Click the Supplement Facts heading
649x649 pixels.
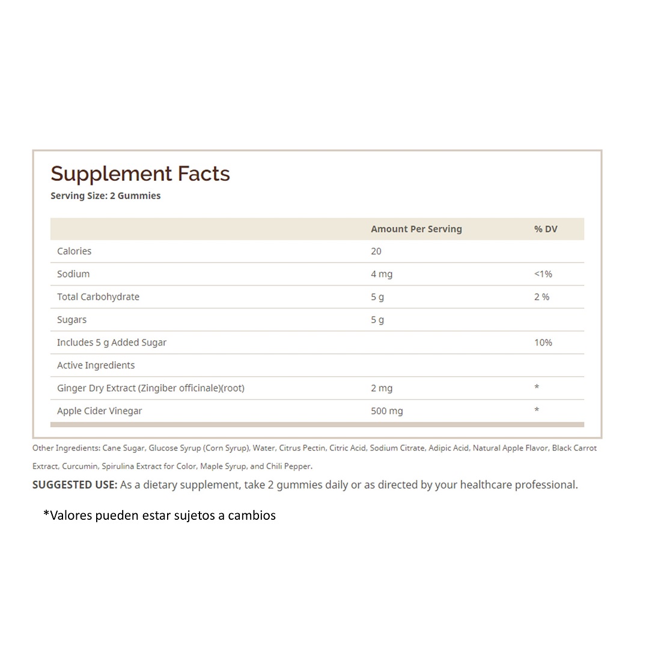(140, 174)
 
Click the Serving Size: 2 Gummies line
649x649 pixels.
(106, 195)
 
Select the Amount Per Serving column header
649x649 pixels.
(416, 229)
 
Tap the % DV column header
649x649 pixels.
(545, 229)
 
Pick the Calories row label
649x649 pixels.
(74, 251)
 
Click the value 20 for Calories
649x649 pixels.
(376, 251)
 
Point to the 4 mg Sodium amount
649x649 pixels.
(382, 274)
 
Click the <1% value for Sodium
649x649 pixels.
(543, 274)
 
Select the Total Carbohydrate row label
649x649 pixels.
(98, 297)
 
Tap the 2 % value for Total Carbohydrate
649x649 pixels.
(541, 297)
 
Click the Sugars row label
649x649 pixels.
(72, 320)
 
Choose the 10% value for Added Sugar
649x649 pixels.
(543, 343)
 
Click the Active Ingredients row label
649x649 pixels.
(96, 365)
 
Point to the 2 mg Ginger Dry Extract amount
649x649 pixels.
(382, 388)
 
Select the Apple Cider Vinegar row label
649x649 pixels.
(99, 411)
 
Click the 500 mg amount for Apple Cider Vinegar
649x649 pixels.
(386, 411)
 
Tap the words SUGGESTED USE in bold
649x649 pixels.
(75, 485)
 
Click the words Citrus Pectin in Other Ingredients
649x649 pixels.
(302, 448)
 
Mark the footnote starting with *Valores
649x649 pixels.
(159, 516)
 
